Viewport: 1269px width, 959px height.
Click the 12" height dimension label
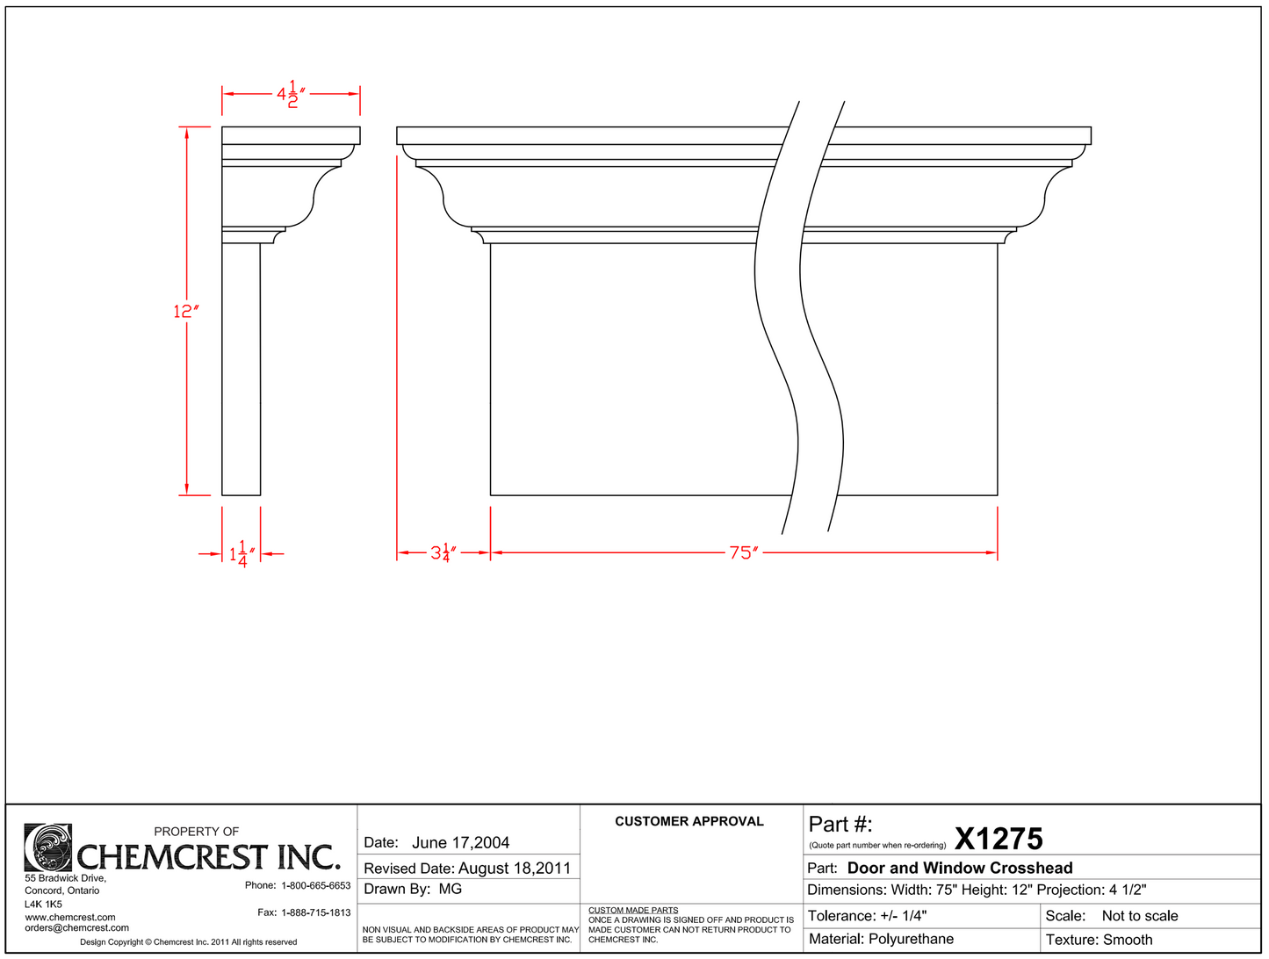[186, 312]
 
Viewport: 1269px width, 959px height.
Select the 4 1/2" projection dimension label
[291, 94]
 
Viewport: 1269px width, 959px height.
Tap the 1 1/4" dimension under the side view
[242, 554]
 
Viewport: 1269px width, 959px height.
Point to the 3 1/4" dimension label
[443, 552]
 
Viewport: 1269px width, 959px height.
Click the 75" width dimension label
[744, 552]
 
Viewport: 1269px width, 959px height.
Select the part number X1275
[999, 839]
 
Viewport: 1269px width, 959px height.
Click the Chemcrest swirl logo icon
[48, 847]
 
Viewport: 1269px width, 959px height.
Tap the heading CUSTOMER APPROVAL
[689, 821]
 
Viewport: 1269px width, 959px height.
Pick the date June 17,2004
[460, 843]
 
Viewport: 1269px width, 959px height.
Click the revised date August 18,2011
[515, 869]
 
